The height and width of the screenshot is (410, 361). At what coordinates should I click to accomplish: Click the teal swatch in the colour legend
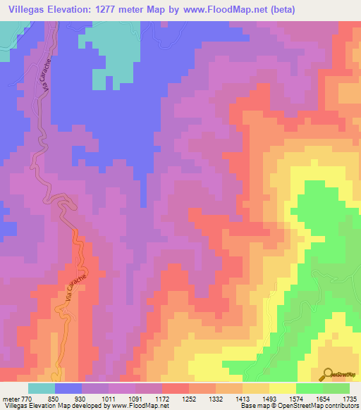pyautogui.click(x=42, y=387)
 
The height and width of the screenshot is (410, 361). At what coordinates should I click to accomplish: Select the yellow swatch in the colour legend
pyautogui.click(x=282, y=387)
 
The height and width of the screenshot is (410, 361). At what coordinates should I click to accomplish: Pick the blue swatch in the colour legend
pyautogui.click(x=68, y=387)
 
